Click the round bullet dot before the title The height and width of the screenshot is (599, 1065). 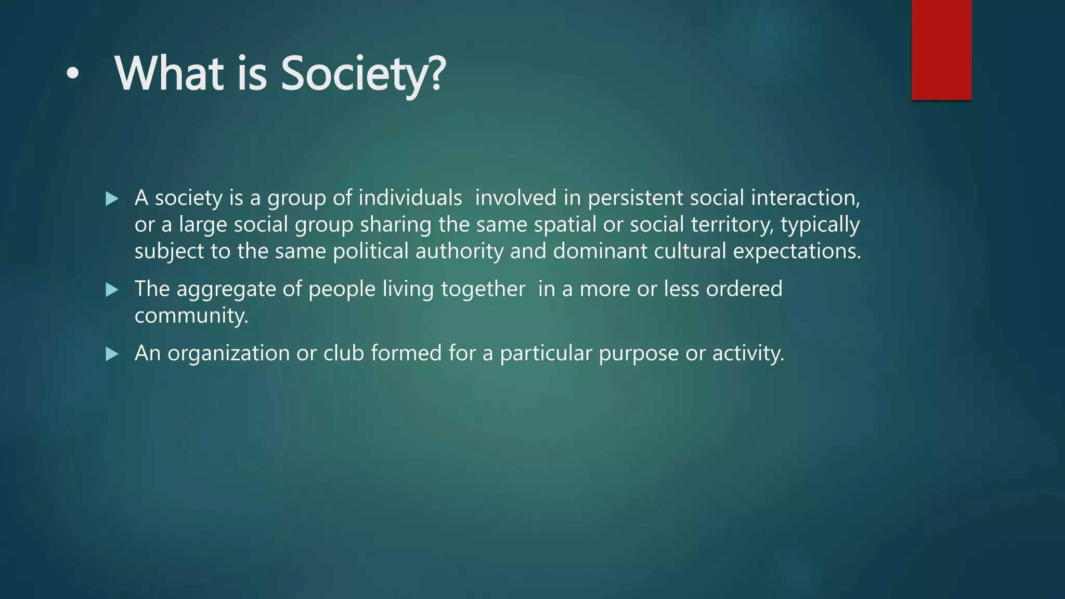point(73,74)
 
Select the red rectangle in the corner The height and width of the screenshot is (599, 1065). point(941,50)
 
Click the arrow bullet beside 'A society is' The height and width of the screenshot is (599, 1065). point(111,199)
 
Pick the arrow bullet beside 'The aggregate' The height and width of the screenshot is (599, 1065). point(111,290)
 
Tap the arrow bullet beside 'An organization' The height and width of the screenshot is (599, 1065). point(111,354)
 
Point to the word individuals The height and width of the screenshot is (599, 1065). point(410,198)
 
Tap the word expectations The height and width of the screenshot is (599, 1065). point(797,251)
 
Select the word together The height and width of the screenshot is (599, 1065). point(483,289)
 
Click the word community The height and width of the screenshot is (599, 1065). point(191,316)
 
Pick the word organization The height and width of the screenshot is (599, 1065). point(229,354)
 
